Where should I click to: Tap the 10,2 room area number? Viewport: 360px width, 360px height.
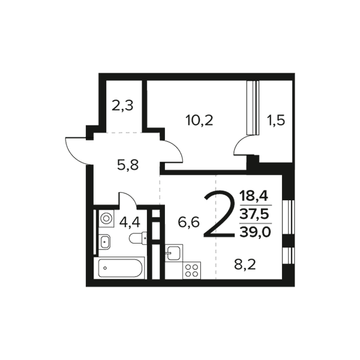point(200,121)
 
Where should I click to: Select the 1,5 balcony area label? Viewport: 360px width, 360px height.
point(276,120)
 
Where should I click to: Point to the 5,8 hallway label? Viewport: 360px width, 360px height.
point(128,166)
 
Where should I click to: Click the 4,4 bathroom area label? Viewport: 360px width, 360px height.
point(130,223)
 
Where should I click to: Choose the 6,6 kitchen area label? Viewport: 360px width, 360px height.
point(189,222)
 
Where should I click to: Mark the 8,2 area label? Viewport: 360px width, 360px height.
point(245,265)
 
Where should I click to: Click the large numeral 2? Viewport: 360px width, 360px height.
point(219,214)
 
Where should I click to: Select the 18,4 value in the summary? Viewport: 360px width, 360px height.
point(254,197)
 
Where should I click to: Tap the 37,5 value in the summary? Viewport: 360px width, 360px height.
point(254,214)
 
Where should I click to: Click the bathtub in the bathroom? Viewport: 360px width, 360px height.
point(119,268)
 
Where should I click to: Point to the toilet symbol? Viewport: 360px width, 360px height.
point(138,238)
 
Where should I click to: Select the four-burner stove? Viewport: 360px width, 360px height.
point(192,271)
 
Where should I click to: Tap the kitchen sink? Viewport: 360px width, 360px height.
point(174,253)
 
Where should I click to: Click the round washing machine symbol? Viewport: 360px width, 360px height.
point(106,218)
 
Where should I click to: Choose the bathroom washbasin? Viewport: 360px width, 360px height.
point(105,242)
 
